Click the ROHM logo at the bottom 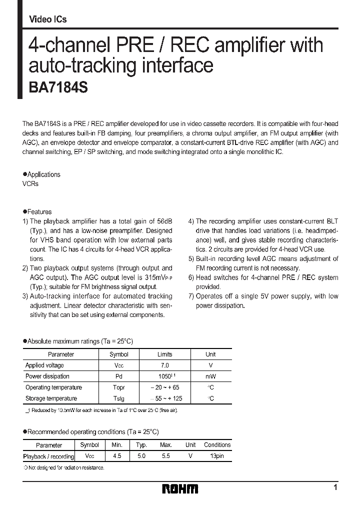[x=180, y=488]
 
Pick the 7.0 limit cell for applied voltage [x=165, y=365]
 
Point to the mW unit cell [x=210, y=376]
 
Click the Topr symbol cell [x=118, y=387]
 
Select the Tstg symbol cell [x=118, y=398]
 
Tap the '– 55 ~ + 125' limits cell [x=165, y=398]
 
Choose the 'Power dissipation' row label [x=47, y=376]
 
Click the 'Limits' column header [x=165, y=354]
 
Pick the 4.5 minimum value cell [x=116, y=456]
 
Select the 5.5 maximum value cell [x=166, y=456]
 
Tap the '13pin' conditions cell [x=217, y=456]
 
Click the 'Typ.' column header [x=141, y=444]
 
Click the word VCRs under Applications [x=30, y=183]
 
